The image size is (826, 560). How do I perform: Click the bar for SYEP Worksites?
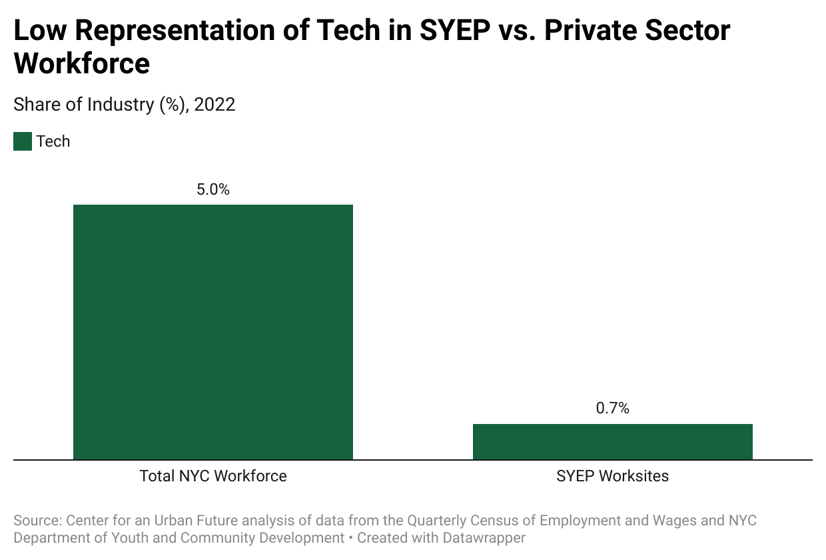[x=613, y=441]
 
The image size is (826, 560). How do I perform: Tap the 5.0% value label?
[x=213, y=190]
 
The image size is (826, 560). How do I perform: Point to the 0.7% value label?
[x=613, y=409]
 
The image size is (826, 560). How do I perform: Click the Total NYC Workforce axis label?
[x=213, y=476]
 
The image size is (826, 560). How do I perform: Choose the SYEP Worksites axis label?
[x=613, y=476]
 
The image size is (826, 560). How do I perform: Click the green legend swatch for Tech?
[x=23, y=141]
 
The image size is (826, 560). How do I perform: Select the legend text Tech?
[x=53, y=141]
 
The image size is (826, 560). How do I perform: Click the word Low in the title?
[x=39, y=31]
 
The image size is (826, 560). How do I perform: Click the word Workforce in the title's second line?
[x=82, y=63]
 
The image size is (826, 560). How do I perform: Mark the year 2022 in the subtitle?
[x=214, y=105]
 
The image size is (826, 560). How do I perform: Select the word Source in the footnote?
[x=36, y=520]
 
